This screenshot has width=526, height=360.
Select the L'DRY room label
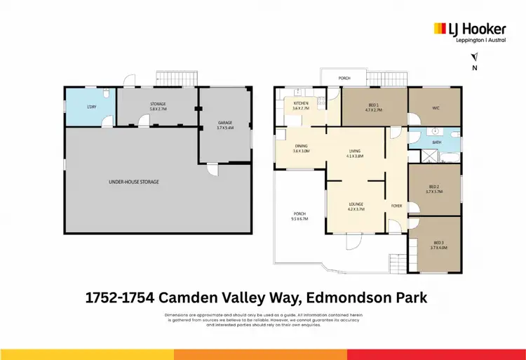click(91, 106)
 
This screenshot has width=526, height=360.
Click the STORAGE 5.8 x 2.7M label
click(157, 107)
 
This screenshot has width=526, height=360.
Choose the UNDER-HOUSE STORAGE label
click(134, 182)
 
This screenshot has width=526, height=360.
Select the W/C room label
click(435, 108)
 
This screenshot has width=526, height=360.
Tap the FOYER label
click(396, 206)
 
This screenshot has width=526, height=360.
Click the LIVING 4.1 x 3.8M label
click(355, 154)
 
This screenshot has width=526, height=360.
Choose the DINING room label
click(301, 148)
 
